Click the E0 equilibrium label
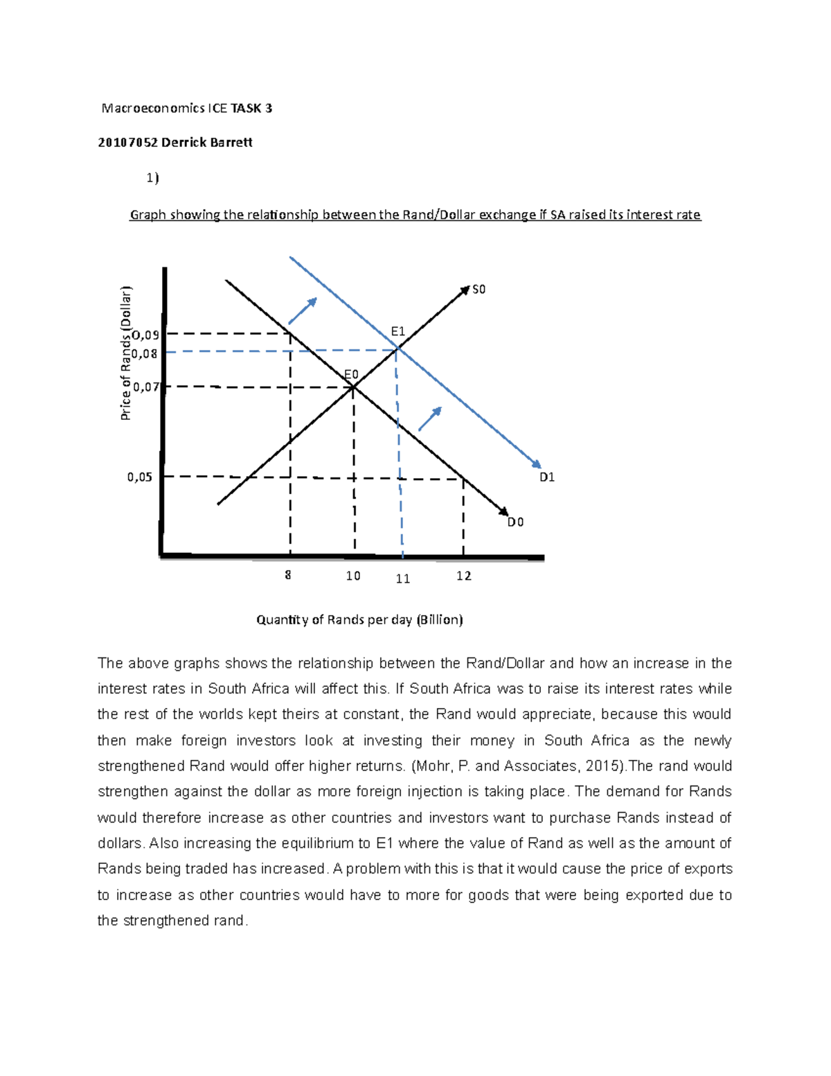point(351,375)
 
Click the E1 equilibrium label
point(397,331)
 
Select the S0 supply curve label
point(479,289)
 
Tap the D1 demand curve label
point(547,477)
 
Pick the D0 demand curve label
point(515,522)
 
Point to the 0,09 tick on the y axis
point(145,335)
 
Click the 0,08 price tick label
point(145,353)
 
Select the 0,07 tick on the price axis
point(146,387)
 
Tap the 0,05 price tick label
point(139,477)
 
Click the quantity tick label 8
point(288,575)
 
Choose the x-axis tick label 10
point(353,576)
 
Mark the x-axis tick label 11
point(403,579)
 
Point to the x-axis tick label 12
point(463,576)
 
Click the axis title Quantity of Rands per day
point(359,619)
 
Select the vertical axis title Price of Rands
point(125,353)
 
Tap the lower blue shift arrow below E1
point(430,418)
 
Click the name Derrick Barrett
point(206,142)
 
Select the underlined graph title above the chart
point(415,215)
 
